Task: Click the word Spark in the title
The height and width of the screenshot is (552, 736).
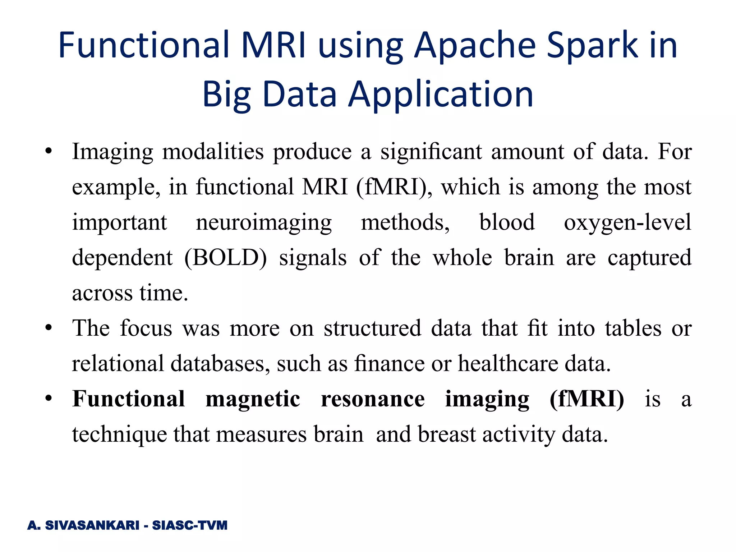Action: pyautogui.click(x=593, y=46)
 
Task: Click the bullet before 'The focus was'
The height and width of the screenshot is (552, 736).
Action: pyautogui.click(x=49, y=328)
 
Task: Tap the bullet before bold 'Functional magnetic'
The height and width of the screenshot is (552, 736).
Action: pyautogui.click(x=49, y=399)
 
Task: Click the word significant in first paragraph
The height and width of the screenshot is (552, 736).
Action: pyautogui.click(x=431, y=152)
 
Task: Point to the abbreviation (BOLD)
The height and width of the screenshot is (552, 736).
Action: pyautogui.click(x=225, y=258)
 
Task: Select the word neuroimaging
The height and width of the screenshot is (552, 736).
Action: pyautogui.click(x=264, y=223)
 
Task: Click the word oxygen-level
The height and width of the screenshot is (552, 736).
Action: pyautogui.click(x=627, y=223)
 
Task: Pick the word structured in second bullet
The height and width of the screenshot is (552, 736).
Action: pyautogui.click(x=372, y=328)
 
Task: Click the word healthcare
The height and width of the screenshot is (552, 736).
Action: pyautogui.click(x=508, y=364)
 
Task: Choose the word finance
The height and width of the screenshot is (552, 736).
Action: pyautogui.click(x=389, y=364)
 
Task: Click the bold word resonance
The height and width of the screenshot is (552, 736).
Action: pyautogui.click(x=373, y=399)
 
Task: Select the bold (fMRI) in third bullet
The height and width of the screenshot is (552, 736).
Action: pyautogui.click(x=586, y=399)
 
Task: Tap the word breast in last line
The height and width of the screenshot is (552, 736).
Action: pyautogui.click(x=447, y=434)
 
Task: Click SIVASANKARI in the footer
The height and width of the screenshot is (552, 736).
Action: pyautogui.click(x=92, y=525)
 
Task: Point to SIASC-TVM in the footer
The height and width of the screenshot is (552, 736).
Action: pyautogui.click(x=190, y=525)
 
